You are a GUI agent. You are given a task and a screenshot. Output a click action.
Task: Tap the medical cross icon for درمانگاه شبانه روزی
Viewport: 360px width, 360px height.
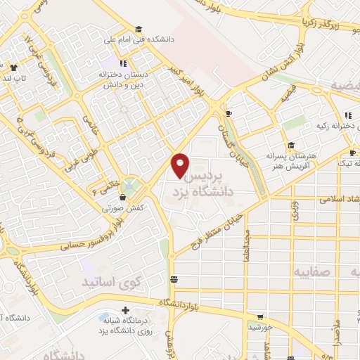tap(125, 309)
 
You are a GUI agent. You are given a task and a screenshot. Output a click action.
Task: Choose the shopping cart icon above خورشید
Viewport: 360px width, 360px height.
tap(261, 317)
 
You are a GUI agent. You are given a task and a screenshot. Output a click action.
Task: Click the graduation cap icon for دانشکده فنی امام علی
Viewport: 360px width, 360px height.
tap(139, 30)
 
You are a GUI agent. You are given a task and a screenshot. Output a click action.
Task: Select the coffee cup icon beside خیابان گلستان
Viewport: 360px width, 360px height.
tap(229, 112)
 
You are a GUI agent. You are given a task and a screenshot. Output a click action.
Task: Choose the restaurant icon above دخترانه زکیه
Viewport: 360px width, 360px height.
tap(347, 115)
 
